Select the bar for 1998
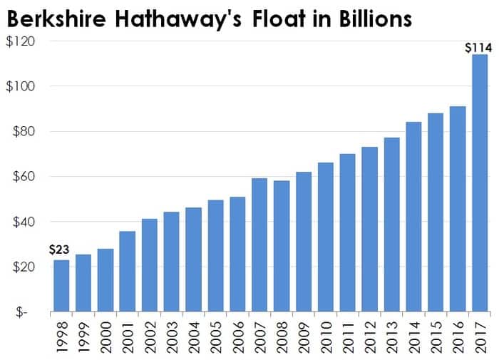click(x=61, y=286)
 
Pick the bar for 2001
click(x=128, y=272)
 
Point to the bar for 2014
click(x=414, y=217)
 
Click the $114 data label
click(x=477, y=48)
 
